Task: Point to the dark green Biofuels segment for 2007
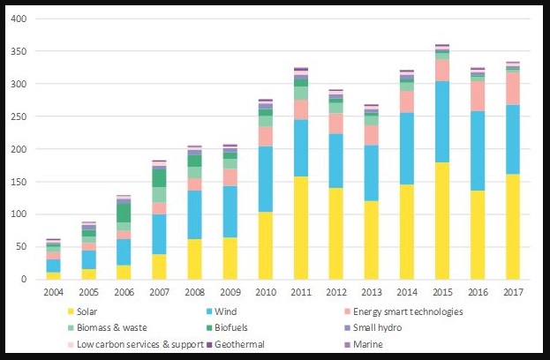[x=158, y=177]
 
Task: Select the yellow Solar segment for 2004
[x=54, y=275]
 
